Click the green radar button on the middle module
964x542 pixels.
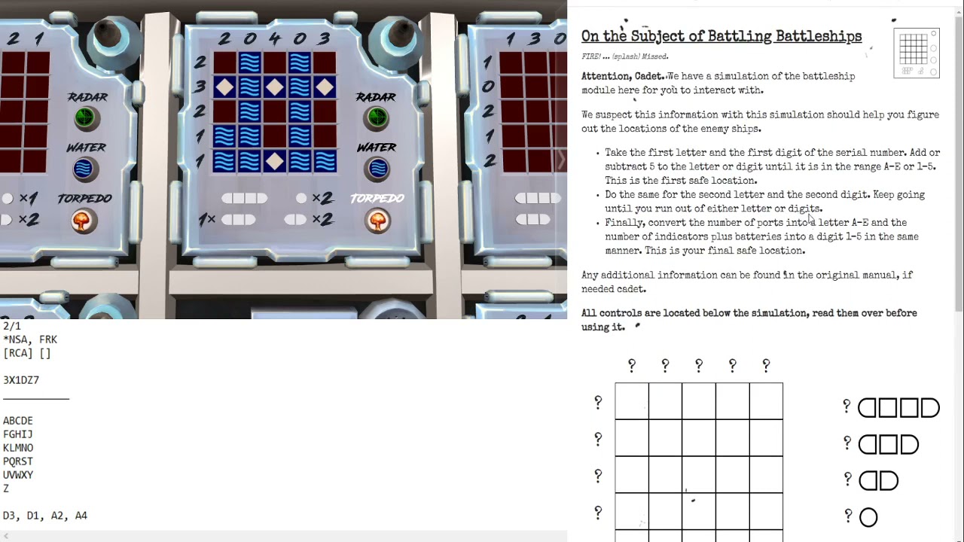pos(377,118)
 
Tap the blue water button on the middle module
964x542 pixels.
pos(377,169)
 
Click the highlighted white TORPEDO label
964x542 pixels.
pos(377,198)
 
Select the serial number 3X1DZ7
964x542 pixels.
pos(21,380)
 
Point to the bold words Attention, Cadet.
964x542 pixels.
pos(623,76)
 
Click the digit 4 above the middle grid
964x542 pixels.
pos(274,38)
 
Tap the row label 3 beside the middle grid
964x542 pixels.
pos(200,87)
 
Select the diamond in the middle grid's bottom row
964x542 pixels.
pos(274,161)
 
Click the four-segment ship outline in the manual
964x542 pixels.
pos(898,408)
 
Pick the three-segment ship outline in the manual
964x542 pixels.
pos(889,444)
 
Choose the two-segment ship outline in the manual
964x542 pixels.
pos(878,480)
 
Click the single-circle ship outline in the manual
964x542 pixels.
pos(868,517)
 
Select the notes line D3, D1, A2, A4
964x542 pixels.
pos(45,516)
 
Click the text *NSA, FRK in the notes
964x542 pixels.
pos(30,340)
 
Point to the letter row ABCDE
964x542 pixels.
pos(18,421)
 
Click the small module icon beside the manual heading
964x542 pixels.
pos(916,53)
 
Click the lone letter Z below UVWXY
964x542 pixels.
pos(6,489)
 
